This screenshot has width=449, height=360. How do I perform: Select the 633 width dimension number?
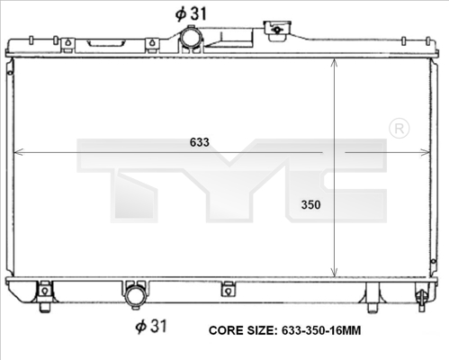200,142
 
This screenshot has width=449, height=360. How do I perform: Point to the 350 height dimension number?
310,204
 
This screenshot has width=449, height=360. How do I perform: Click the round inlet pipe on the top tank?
191,40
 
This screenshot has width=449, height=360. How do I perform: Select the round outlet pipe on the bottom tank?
136,295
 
